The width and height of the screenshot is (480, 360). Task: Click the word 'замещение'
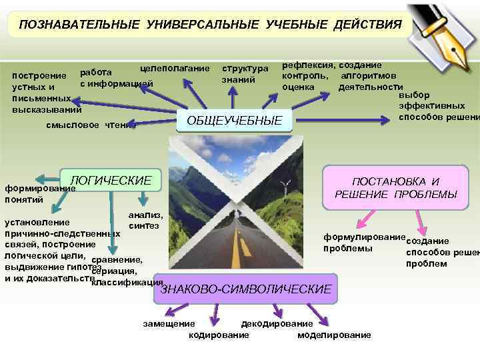pyautogui.click(x=167, y=323)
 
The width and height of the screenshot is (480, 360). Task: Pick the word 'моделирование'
pyautogui.click(x=334, y=335)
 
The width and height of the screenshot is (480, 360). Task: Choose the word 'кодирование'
pyautogui.click(x=219, y=335)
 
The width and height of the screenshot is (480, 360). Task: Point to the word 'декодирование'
pyautogui.click(x=267, y=323)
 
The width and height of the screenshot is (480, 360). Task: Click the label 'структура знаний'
pyautogui.click(x=245, y=74)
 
